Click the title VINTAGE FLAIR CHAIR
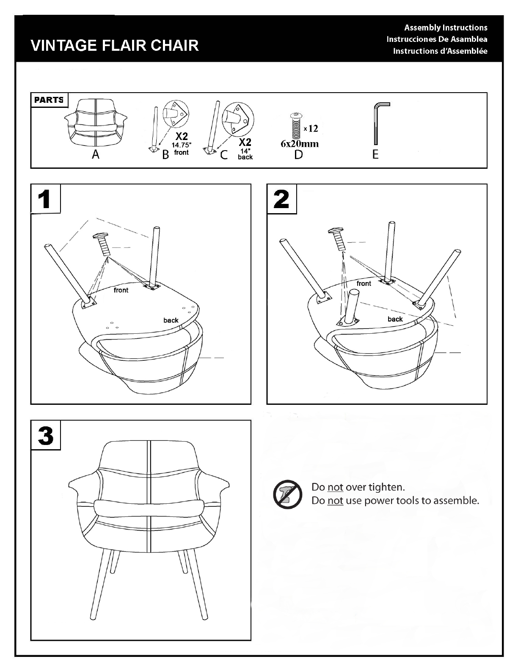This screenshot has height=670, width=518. [114, 45]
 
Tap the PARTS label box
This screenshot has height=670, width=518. [49, 100]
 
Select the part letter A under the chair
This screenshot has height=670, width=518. [96, 154]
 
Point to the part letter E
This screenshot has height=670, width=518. [375, 154]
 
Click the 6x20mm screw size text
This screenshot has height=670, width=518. [300, 144]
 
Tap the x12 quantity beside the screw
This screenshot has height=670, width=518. [311, 128]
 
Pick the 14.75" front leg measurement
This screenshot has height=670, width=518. [182, 148]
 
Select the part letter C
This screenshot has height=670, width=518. [224, 155]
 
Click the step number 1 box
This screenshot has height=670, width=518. [46, 199]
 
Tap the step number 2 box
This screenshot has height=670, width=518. [282, 199]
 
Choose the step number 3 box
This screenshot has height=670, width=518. [46, 435]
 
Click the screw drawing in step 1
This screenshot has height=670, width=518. [102, 244]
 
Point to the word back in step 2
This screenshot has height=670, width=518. [395, 319]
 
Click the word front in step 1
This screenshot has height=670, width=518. [121, 290]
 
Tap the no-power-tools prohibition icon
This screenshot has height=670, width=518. [287, 494]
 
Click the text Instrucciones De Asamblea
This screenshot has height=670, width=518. [437, 39]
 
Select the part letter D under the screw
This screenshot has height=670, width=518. [298, 155]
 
